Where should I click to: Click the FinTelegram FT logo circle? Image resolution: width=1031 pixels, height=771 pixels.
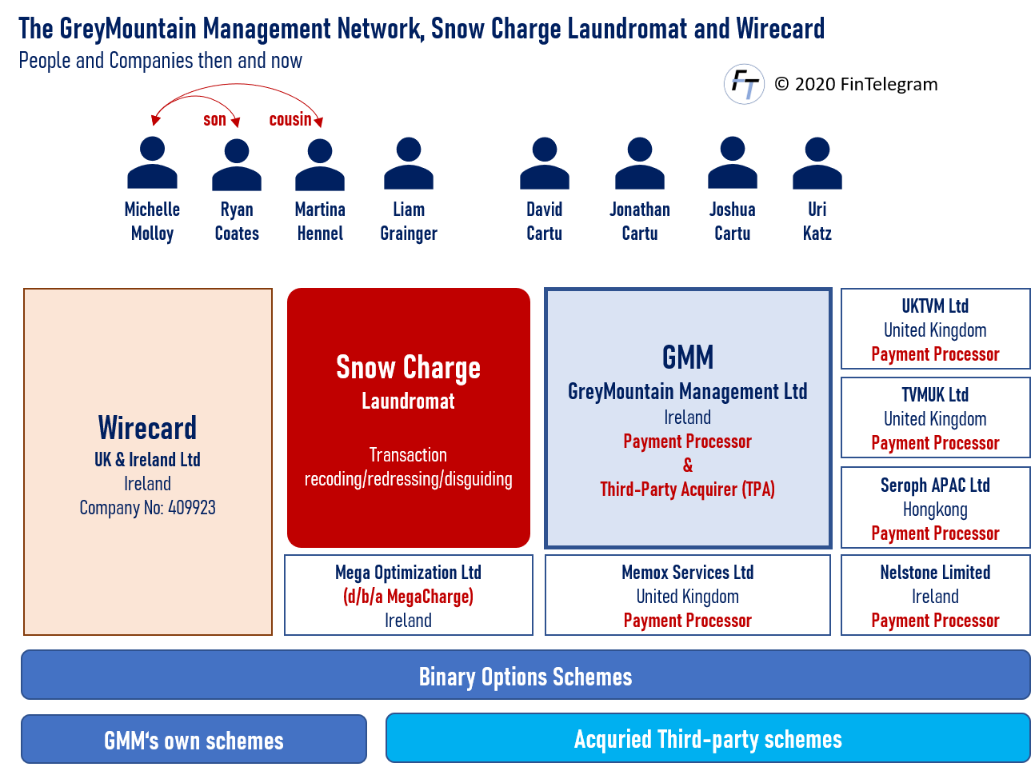[744, 84]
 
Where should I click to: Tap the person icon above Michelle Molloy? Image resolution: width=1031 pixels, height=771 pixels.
[152, 162]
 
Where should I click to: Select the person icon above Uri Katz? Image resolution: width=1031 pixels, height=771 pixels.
[817, 163]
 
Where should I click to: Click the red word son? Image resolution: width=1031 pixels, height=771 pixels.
[214, 120]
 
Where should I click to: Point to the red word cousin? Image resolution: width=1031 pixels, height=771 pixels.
[290, 119]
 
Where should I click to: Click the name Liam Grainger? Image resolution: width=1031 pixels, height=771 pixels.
[409, 222]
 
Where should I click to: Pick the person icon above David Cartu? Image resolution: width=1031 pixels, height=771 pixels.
[545, 163]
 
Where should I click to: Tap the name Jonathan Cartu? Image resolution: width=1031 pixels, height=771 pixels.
[640, 222]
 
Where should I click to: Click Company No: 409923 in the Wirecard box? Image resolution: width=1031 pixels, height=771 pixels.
[147, 508]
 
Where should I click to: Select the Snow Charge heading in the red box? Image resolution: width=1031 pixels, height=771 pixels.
[408, 368]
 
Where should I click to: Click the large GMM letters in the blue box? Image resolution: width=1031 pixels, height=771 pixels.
[688, 358]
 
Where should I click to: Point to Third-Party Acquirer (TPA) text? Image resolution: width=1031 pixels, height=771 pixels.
[687, 489]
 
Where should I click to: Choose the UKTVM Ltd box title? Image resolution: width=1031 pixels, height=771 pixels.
[935, 306]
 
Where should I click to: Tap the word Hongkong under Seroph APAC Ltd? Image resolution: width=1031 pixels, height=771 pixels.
[935, 510]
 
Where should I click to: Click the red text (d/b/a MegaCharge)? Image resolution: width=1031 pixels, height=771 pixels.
[408, 597]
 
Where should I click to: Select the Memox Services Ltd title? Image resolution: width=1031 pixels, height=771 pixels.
[687, 573]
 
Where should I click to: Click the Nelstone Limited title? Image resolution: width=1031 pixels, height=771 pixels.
[935, 573]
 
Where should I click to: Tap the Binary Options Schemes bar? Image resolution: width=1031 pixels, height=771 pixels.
[525, 675]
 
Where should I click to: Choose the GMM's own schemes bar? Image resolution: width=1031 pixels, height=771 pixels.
[194, 739]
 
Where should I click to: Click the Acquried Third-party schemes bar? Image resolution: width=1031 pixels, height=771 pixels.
[708, 738]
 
